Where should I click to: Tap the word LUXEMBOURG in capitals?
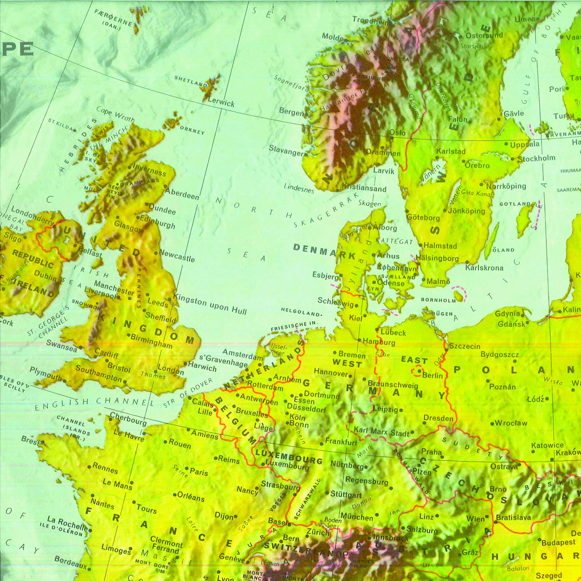tap(289, 457)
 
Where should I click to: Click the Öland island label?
tap(504, 250)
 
